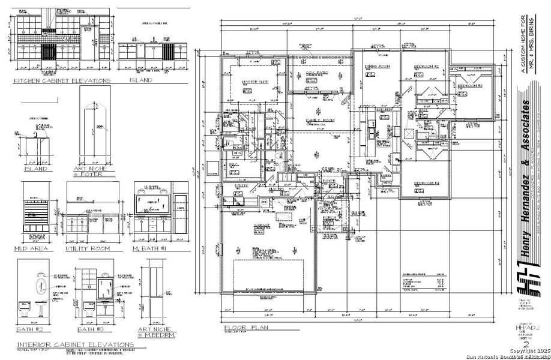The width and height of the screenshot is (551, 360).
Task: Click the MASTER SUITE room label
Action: (254, 82)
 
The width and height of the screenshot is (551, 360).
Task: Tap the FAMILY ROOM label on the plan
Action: (319, 121)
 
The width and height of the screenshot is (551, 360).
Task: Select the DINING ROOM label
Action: (378, 66)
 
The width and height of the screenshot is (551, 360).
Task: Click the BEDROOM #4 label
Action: (426, 182)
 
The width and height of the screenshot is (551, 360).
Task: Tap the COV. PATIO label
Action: (316, 73)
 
